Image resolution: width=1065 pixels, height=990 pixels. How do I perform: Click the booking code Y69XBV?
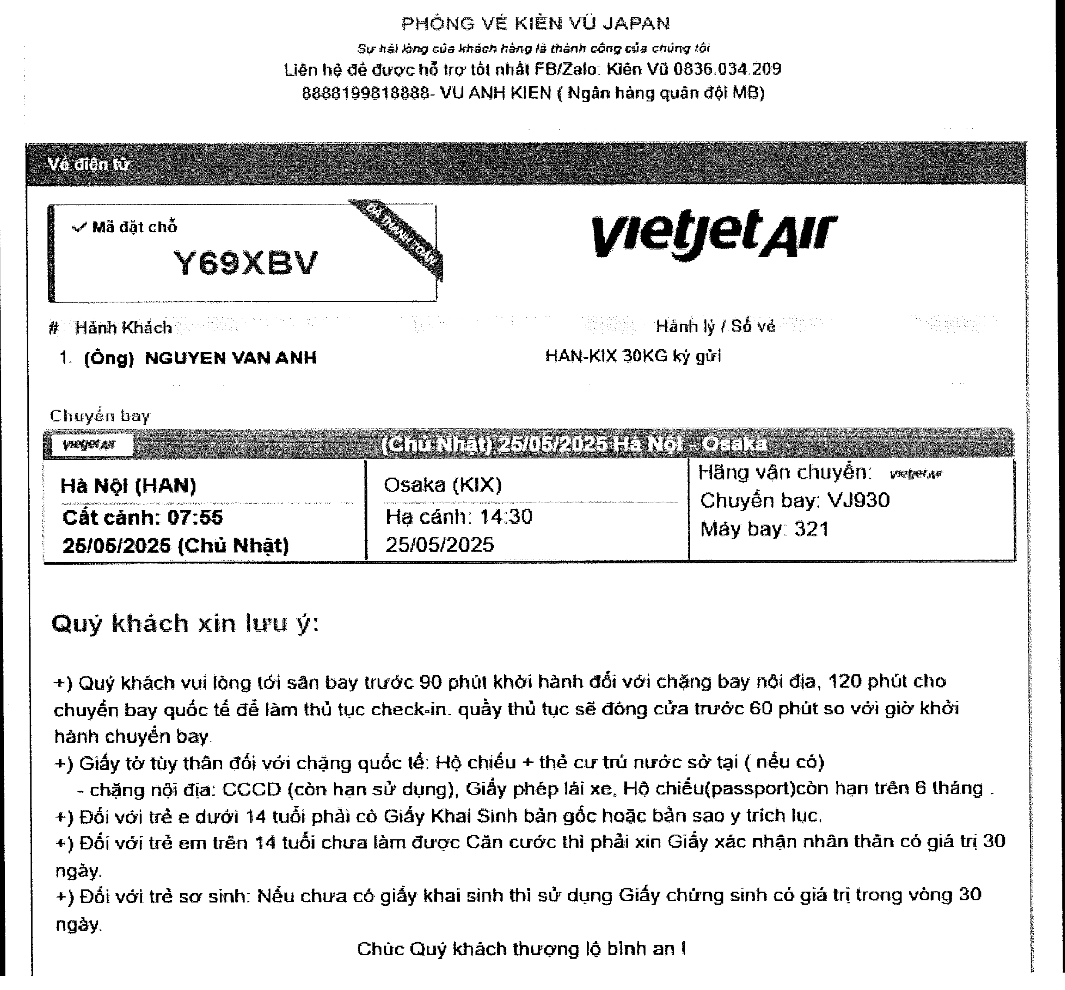[x=246, y=263]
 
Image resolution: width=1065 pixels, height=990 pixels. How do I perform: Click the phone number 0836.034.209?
[x=727, y=69]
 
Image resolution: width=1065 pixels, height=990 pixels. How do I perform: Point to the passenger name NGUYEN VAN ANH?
[x=230, y=357]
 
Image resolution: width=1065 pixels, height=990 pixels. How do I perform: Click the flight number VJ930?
[x=858, y=500]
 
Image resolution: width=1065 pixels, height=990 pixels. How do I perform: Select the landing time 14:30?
[x=506, y=517]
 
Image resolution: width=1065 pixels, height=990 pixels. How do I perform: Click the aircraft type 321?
[x=811, y=529]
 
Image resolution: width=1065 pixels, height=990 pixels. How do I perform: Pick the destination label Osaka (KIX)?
[x=443, y=485]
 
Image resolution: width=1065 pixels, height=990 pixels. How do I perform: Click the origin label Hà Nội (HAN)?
[x=128, y=486]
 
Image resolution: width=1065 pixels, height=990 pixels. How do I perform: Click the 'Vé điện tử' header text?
[x=88, y=164]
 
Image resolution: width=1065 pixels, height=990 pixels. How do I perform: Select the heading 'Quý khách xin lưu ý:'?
[x=185, y=623]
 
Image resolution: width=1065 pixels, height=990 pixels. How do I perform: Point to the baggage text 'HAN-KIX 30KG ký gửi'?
[x=633, y=356]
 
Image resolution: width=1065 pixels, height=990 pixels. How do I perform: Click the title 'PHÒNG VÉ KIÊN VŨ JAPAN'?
[x=536, y=24]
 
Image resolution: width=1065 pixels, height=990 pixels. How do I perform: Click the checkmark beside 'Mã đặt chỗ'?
[x=79, y=228]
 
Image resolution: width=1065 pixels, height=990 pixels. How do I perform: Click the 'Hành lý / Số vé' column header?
[x=715, y=326]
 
